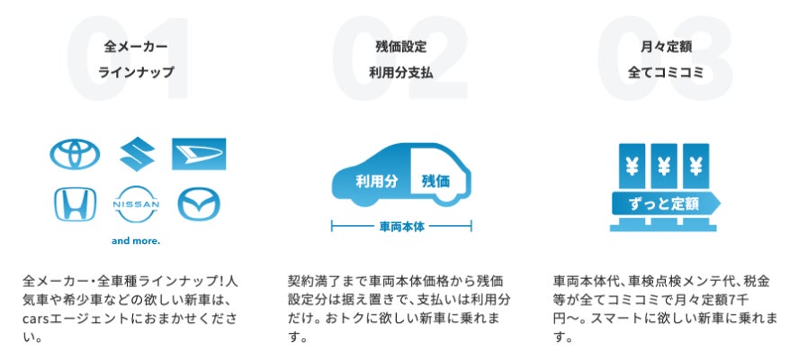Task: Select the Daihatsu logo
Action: [x=199, y=154]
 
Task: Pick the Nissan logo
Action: [x=135, y=205]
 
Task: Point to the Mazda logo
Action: [x=199, y=204]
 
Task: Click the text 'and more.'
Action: [x=135, y=241]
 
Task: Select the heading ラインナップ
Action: [x=136, y=71]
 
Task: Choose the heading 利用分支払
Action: [x=400, y=71]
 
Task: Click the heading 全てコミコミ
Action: [x=665, y=71]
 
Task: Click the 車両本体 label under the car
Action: [x=399, y=227]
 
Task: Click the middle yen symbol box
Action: [x=665, y=165]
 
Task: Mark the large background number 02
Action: [x=399, y=58]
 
